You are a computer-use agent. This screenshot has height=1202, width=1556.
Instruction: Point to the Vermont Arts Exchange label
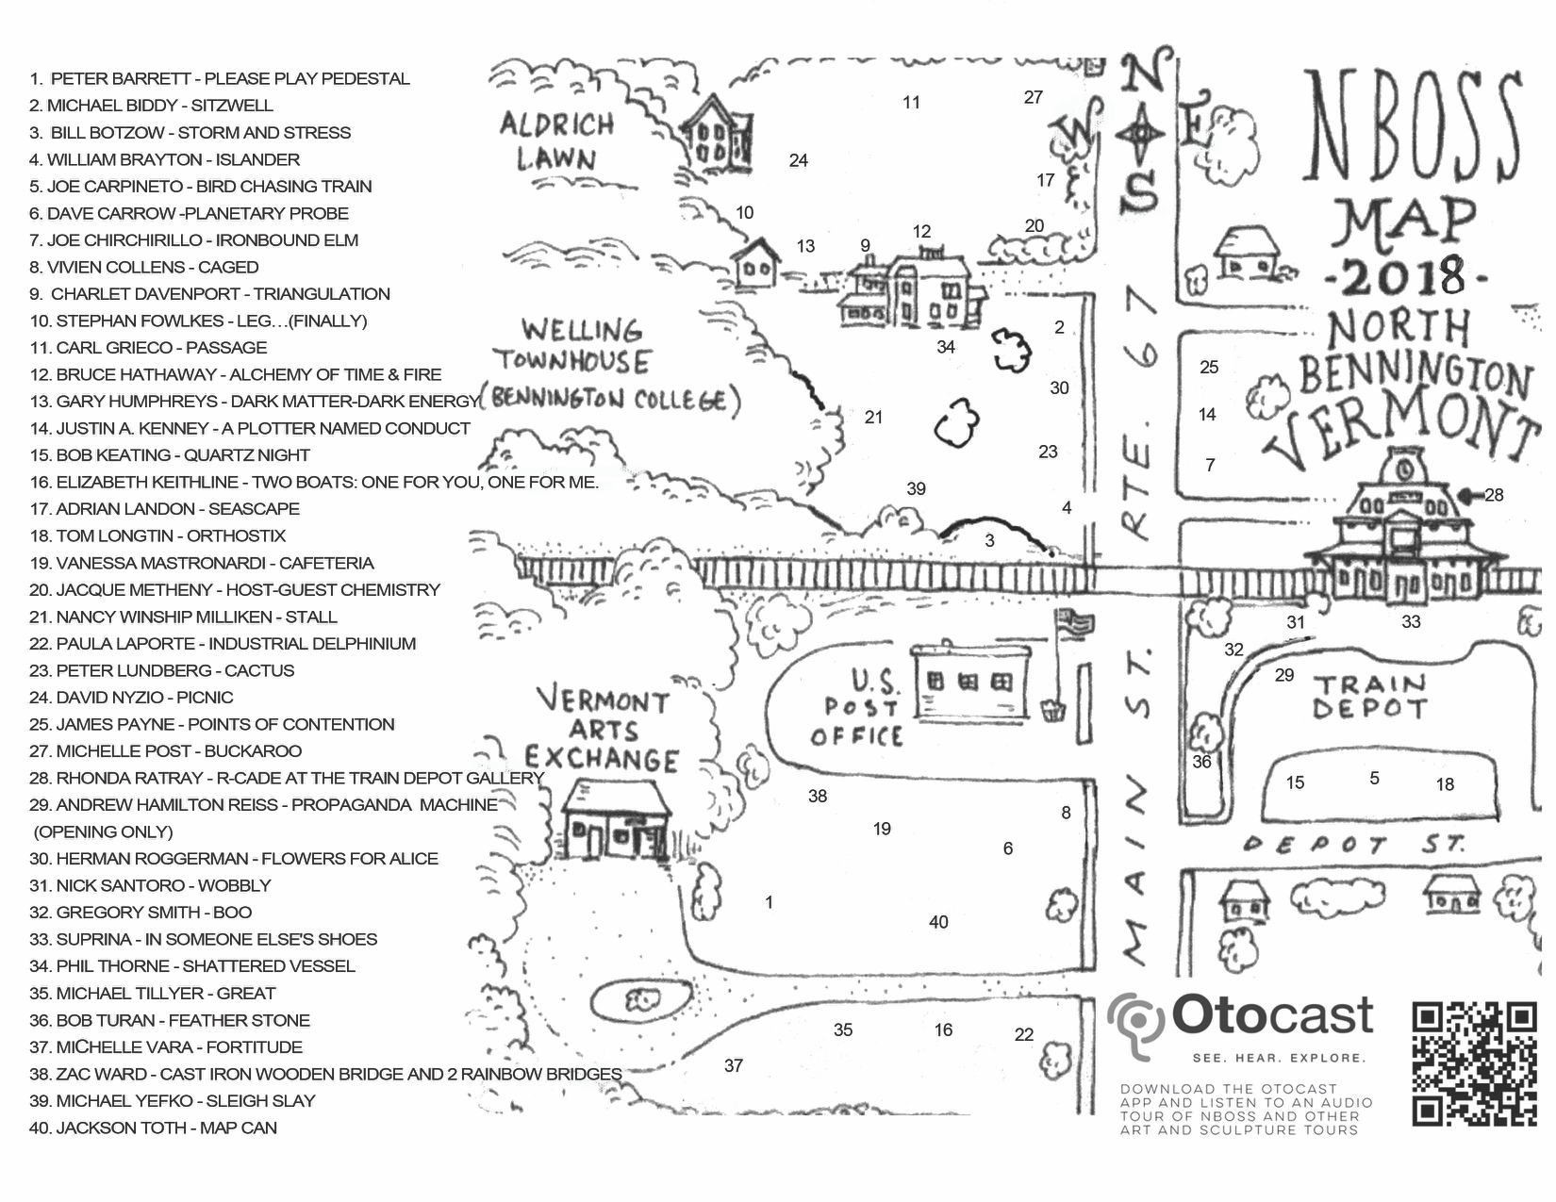coord(602,730)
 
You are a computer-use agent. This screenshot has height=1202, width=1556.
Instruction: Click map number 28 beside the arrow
coord(1494,495)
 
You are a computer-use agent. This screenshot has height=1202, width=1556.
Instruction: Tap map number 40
coord(938,922)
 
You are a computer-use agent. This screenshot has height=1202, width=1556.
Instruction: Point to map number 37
coord(734,1065)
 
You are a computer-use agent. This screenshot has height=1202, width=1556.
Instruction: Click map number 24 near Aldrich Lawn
coord(799,160)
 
